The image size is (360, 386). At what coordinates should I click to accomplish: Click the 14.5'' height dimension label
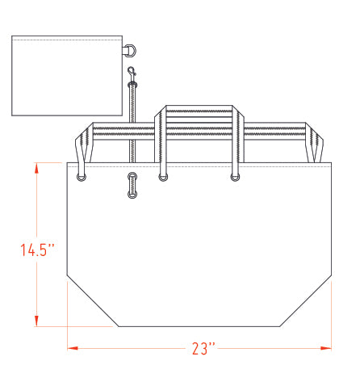pos(38,250)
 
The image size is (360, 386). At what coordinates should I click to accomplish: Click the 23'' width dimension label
pos(203,349)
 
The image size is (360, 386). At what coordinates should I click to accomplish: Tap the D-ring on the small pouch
pos(132,51)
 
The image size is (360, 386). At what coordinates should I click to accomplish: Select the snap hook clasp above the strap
pos(132,73)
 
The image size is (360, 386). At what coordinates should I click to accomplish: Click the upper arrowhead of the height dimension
pos(36,168)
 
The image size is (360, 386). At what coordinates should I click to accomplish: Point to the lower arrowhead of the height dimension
pos(36,321)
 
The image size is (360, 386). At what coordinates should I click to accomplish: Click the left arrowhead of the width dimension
pos(73,348)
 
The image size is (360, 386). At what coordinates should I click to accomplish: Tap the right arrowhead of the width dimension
pos(326,348)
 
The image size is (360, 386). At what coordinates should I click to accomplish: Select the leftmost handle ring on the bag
pos(82,178)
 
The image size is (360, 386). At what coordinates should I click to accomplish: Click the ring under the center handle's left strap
pos(163,178)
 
